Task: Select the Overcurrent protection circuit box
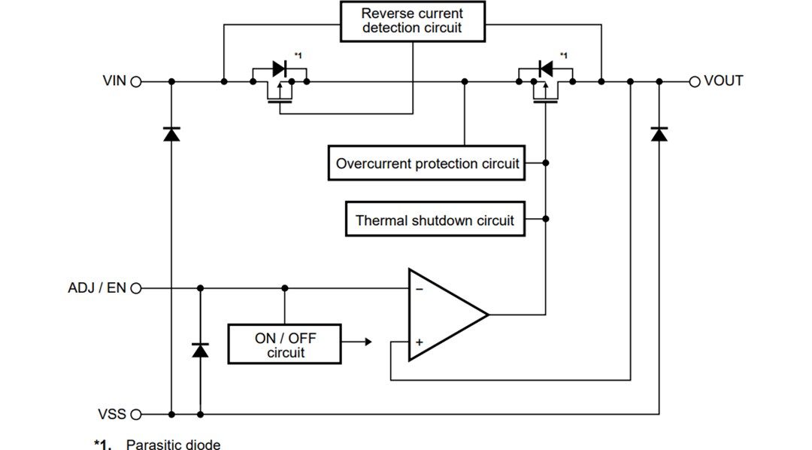click(x=427, y=163)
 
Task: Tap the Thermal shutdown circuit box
click(x=435, y=220)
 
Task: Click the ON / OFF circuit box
click(x=284, y=345)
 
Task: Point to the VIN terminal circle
click(x=136, y=81)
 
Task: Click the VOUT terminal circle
click(x=695, y=81)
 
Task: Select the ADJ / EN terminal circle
click(x=136, y=288)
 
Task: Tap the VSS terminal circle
click(x=136, y=414)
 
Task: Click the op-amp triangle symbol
click(x=444, y=315)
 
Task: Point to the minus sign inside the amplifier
click(x=419, y=289)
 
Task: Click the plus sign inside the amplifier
click(x=419, y=342)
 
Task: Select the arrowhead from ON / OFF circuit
click(x=368, y=342)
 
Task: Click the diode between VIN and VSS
click(x=171, y=134)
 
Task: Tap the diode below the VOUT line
click(x=659, y=134)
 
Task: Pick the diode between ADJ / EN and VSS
click(x=200, y=350)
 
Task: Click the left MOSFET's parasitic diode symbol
click(x=280, y=68)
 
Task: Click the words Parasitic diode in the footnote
click(x=173, y=445)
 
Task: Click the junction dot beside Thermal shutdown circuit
click(x=546, y=219)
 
